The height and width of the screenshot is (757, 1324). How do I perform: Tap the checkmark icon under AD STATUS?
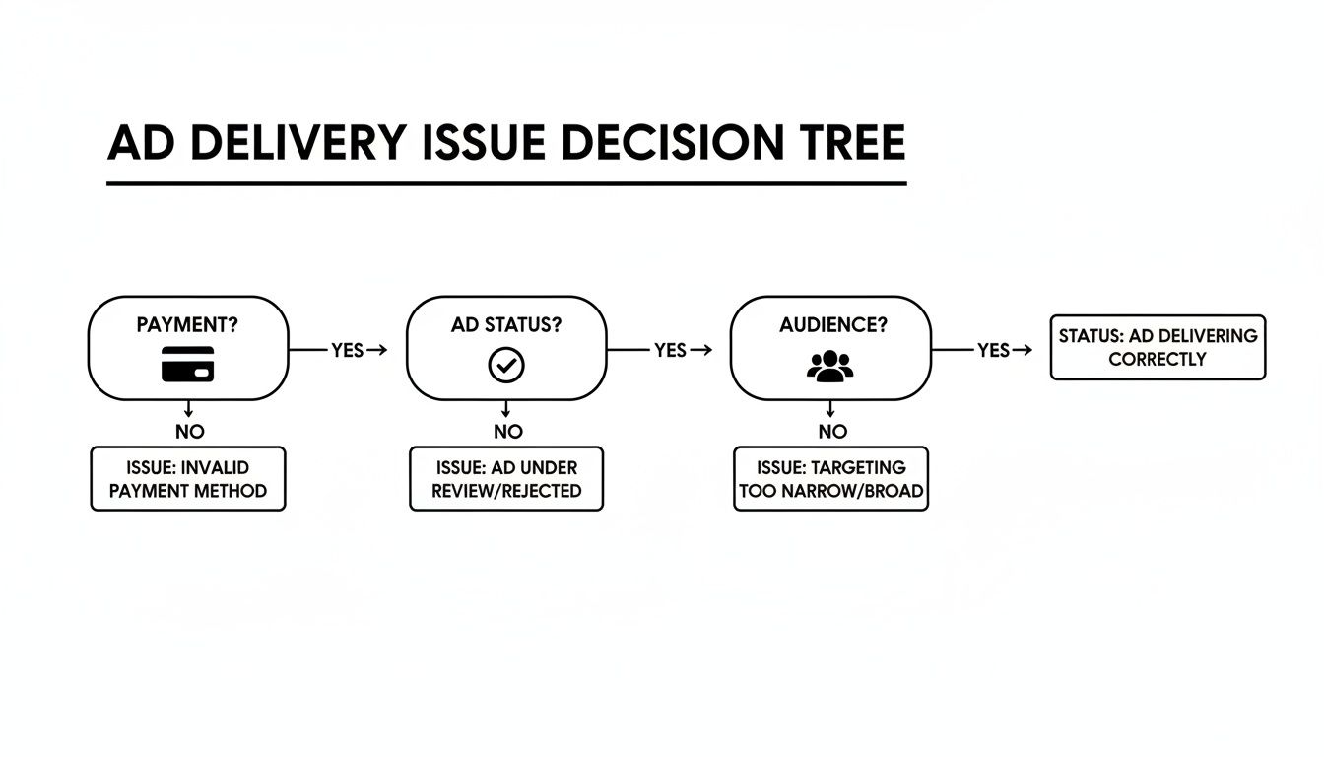click(x=506, y=366)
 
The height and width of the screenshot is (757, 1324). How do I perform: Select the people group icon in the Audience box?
click(x=829, y=366)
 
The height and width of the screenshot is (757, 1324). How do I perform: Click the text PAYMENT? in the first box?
click(x=188, y=325)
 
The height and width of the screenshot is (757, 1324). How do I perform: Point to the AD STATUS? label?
click(x=506, y=325)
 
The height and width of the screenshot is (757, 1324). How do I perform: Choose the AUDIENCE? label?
click(x=829, y=325)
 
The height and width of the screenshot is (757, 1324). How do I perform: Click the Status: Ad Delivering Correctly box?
click(x=1158, y=348)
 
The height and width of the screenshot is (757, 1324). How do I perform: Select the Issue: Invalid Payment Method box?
click(x=188, y=479)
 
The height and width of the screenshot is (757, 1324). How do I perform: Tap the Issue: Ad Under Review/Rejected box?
click(x=506, y=479)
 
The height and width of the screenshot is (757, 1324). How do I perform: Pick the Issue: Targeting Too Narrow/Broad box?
click(x=830, y=479)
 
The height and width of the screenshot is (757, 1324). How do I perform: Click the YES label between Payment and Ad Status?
click(x=347, y=350)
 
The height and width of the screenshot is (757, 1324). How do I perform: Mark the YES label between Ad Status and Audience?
click(x=670, y=350)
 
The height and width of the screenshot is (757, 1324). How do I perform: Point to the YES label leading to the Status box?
click(x=992, y=350)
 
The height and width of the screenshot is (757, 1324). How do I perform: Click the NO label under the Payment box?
click(x=189, y=432)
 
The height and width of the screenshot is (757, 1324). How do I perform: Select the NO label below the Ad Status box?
click(x=507, y=432)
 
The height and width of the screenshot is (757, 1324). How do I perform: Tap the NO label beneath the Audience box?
click(x=831, y=432)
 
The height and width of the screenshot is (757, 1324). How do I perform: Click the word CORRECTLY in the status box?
click(x=1158, y=360)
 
